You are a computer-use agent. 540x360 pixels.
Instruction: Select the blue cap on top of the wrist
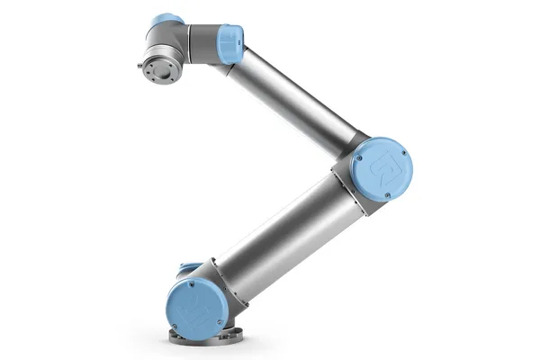click(x=167, y=21)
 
